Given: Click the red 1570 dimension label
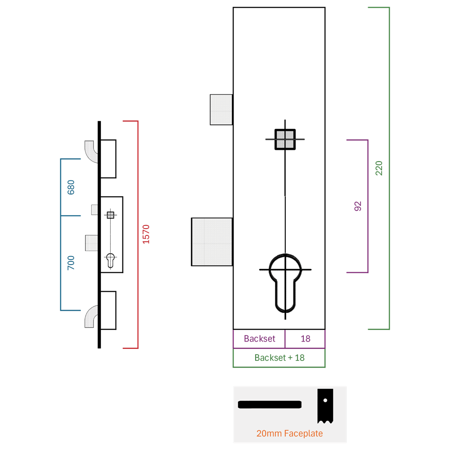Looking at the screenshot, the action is tap(146, 234).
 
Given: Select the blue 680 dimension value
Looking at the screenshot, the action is tap(71, 187).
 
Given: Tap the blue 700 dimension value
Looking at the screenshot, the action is tap(71, 263).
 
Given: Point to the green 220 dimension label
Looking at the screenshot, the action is tap(379, 168).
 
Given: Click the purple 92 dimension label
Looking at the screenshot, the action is tap(358, 206).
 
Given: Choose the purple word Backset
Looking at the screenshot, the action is tap(260, 339).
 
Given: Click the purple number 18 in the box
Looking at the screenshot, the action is tap(306, 339).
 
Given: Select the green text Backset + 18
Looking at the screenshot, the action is tap(279, 358).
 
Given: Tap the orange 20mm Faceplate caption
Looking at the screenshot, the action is tap(289, 433).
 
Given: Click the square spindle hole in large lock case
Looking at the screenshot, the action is tap(285, 139).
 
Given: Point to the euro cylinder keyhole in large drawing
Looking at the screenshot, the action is tap(285, 283).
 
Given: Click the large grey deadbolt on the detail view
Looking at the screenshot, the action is tap(212, 242).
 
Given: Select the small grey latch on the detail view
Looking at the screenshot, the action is tap(221, 110).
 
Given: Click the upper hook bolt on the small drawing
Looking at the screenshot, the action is tap(91, 151).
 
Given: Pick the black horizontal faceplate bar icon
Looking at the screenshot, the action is tap(270, 405).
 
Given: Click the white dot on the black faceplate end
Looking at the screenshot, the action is tap(325, 400).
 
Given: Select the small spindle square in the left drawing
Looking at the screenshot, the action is tap(111, 215).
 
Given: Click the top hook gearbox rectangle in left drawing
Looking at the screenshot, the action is tap(108, 159).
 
